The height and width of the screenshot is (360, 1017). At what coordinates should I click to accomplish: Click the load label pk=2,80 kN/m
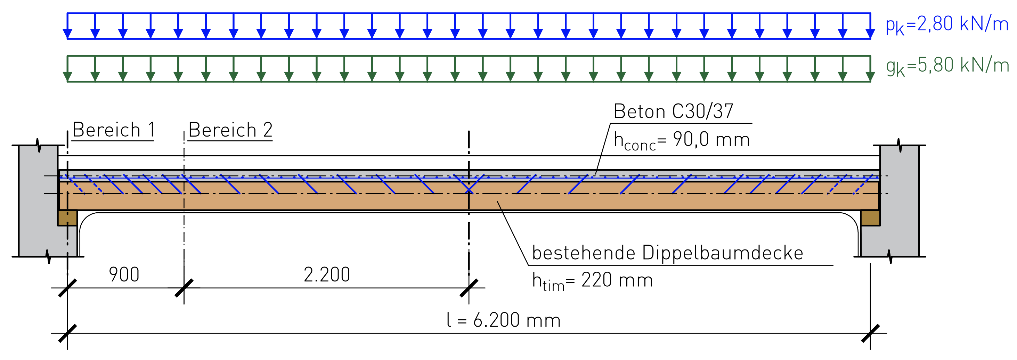(947, 25)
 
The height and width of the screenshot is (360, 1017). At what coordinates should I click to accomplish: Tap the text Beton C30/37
(674, 111)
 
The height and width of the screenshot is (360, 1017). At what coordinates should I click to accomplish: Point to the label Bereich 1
(113, 130)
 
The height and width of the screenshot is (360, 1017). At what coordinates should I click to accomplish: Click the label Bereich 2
(230, 130)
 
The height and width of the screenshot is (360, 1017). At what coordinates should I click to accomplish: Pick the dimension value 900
(124, 274)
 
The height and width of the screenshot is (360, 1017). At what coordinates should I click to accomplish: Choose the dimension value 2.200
(327, 274)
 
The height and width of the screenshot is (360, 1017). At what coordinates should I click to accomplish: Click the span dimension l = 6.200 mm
(503, 320)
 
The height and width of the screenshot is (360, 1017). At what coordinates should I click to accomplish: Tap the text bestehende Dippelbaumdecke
(668, 253)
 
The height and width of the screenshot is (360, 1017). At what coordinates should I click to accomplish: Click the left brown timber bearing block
(67, 218)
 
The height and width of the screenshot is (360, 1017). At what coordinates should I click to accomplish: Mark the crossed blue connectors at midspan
(469, 184)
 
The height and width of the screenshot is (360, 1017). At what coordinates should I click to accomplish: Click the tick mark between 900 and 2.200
(184, 288)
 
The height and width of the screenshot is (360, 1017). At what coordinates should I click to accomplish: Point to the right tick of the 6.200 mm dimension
(871, 333)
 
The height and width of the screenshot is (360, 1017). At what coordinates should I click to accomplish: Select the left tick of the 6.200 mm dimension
(67, 333)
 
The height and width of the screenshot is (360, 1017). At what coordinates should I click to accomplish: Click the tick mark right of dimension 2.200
(469, 288)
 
